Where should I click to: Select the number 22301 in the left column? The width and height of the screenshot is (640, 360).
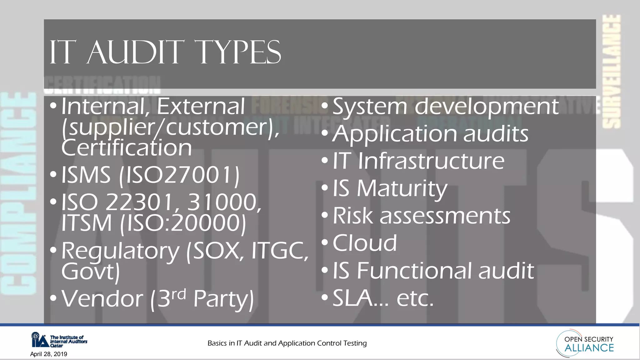point(139,202)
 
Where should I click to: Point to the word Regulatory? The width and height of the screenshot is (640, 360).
point(120,252)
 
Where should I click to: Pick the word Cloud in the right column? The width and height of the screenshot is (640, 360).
point(365,243)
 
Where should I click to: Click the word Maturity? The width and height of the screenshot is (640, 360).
point(402,189)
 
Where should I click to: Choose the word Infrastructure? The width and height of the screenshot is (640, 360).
point(431,161)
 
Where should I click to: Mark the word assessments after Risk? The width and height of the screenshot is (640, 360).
point(445,216)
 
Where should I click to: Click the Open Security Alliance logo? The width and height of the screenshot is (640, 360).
point(585,343)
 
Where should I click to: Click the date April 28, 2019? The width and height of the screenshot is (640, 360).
point(49,354)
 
